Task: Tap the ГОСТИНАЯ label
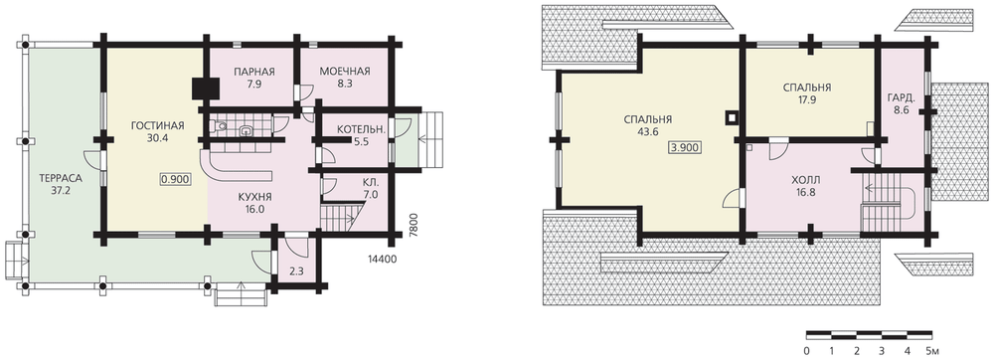158,125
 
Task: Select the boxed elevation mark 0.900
175,179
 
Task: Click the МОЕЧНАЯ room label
345,71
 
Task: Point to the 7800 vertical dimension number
414,225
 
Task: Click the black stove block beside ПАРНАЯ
207,89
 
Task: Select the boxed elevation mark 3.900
685,147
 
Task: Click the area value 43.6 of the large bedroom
648,132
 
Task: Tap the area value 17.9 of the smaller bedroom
807,99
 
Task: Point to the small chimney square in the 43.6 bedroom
732,117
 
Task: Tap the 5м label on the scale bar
933,350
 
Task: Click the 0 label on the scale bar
806,350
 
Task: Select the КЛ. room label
370,182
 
